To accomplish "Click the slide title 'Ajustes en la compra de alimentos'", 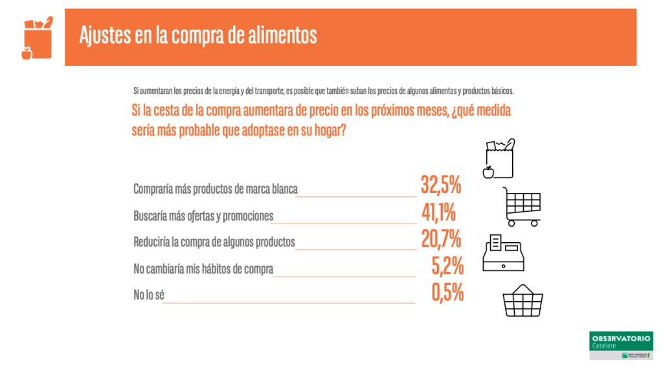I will [198, 35].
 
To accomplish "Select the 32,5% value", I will [441, 185].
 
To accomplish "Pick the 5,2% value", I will [447, 266].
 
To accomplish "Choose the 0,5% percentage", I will [447, 293].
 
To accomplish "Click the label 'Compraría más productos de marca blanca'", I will [215, 190].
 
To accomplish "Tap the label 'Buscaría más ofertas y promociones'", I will [203, 216].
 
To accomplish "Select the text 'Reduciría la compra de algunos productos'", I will [214, 242].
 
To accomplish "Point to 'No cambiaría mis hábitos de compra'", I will [203, 269].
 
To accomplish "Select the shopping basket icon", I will [523, 301].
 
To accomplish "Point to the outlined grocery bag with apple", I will [499, 158].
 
